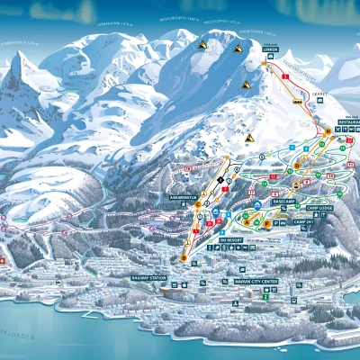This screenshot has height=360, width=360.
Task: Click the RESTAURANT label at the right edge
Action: coord(347,121)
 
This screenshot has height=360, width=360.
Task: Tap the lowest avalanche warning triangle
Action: coord(250,138)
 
